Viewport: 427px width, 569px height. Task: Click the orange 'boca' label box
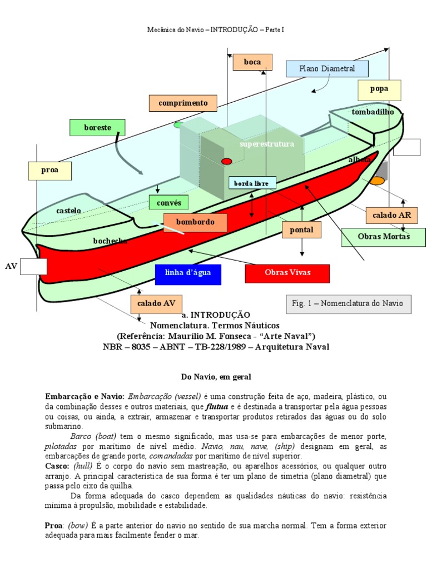coord(252,62)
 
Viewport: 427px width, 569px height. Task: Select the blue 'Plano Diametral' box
coord(327,68)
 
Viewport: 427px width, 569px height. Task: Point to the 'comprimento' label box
coord(183,103)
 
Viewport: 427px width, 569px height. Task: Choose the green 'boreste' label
coord(97,127)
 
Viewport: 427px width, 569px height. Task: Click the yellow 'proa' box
coord(50,171)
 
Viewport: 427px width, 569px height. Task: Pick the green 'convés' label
coord(169,203)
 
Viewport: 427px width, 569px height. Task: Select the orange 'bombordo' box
coord(195,222)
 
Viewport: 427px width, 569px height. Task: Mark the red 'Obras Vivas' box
coord(287,273)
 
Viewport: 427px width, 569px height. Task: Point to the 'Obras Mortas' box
coord(384,237)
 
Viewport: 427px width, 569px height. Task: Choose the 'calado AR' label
coord(391,215)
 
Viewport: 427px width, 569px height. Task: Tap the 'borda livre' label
coord(251,183)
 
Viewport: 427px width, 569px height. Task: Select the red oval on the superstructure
coord(226,161)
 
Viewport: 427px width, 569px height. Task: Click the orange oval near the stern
coord(377,181)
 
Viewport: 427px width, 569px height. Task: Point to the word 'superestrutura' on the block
coord(266,144)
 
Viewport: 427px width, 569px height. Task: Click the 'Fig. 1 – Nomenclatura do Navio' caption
coord(351,303)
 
